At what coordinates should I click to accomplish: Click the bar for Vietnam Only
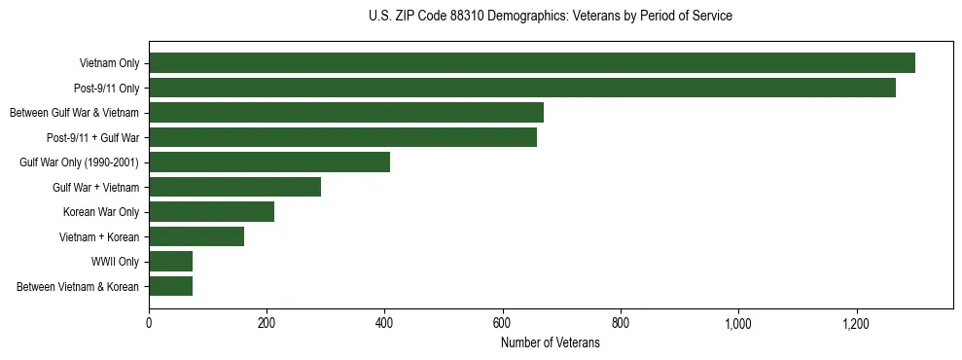point(531,63)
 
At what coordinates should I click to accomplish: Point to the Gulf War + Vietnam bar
point(234,187)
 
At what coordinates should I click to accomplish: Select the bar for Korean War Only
point(211,212)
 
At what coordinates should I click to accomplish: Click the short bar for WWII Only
point(170,262)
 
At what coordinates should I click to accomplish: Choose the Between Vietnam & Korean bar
point(170,286)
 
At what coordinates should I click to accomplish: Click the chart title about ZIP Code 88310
point(551,16)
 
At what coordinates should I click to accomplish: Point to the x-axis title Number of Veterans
point(551,343)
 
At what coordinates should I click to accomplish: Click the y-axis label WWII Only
point(115,262)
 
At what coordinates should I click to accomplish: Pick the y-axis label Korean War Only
point(101,212)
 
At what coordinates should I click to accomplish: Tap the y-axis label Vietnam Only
point(109,63)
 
